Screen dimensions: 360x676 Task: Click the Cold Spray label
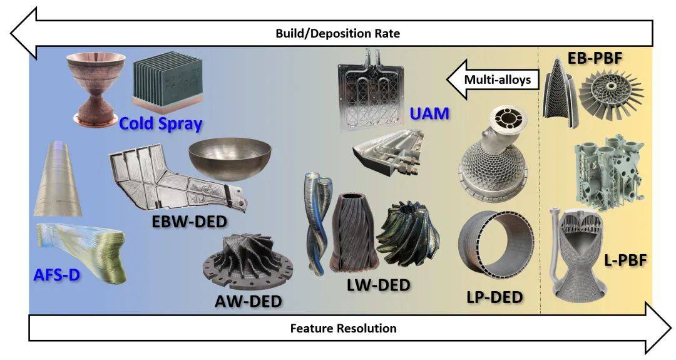160,123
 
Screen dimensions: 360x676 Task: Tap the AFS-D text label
57,274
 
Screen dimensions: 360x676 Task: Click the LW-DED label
379,285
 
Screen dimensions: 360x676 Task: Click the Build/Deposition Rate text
337,34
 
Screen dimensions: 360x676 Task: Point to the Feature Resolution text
343,328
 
